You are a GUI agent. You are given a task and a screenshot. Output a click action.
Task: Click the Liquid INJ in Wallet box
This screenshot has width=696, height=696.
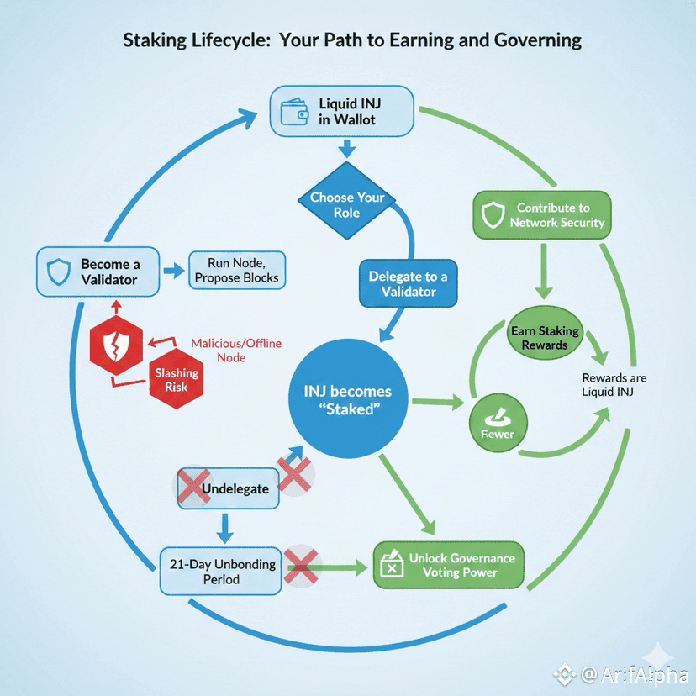click(343, 112)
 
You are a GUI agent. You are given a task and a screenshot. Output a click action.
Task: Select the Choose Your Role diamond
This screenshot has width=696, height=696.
click(346, 204)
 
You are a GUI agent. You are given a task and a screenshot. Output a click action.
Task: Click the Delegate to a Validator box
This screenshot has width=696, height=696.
click(408, 283)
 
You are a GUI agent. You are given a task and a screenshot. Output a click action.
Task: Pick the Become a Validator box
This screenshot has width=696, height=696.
click(98, 272)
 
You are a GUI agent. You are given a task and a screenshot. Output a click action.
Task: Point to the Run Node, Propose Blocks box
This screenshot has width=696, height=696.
click(237, 271)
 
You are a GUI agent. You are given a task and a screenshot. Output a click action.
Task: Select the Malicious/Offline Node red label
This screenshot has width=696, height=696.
click(236, 350)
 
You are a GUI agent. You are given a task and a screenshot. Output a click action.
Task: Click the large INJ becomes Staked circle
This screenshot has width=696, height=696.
click(346, 399)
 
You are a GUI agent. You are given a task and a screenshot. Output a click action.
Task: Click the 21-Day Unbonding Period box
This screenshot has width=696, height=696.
click(221, 572)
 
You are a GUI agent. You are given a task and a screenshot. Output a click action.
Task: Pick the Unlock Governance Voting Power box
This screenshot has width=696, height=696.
click(448, 565)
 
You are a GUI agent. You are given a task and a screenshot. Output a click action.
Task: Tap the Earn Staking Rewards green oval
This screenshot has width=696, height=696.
click(544, 337)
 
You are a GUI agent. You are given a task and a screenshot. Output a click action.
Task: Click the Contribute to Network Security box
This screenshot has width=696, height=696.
click(540, 215)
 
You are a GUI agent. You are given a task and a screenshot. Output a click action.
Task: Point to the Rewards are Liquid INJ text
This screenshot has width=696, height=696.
click(614, 385)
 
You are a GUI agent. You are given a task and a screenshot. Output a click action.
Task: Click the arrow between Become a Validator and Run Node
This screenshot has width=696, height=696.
click(174, 272)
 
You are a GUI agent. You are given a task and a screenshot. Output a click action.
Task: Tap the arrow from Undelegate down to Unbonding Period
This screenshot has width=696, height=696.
click(224, 528)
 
